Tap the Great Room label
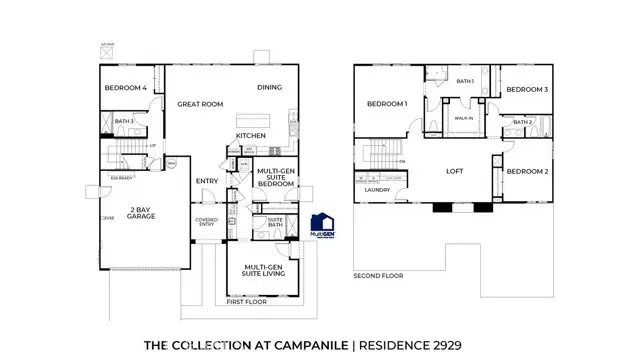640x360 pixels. pyautogui.click(x=199, y=103)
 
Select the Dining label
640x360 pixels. pyautogui.click(x=270, y=87)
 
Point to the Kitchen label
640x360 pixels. pyautogui.click(x=251, y=135)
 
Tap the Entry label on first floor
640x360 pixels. pyautogui.click(x=207, y=181)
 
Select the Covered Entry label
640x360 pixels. pyautogui.click(x=207, y=222)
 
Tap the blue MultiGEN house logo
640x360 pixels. pyautogui.click(x=322, y=226)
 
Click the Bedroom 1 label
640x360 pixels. pyautogui.click(x=386, y=104)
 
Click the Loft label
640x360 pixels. pyautogui.click(x=455, y=171)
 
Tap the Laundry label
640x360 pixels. pyautogui.click(x=378, y=188)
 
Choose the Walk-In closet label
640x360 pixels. pyautogui.click(x=463, y=118)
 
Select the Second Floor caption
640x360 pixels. pyautogui.click(x=378, y=275)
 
